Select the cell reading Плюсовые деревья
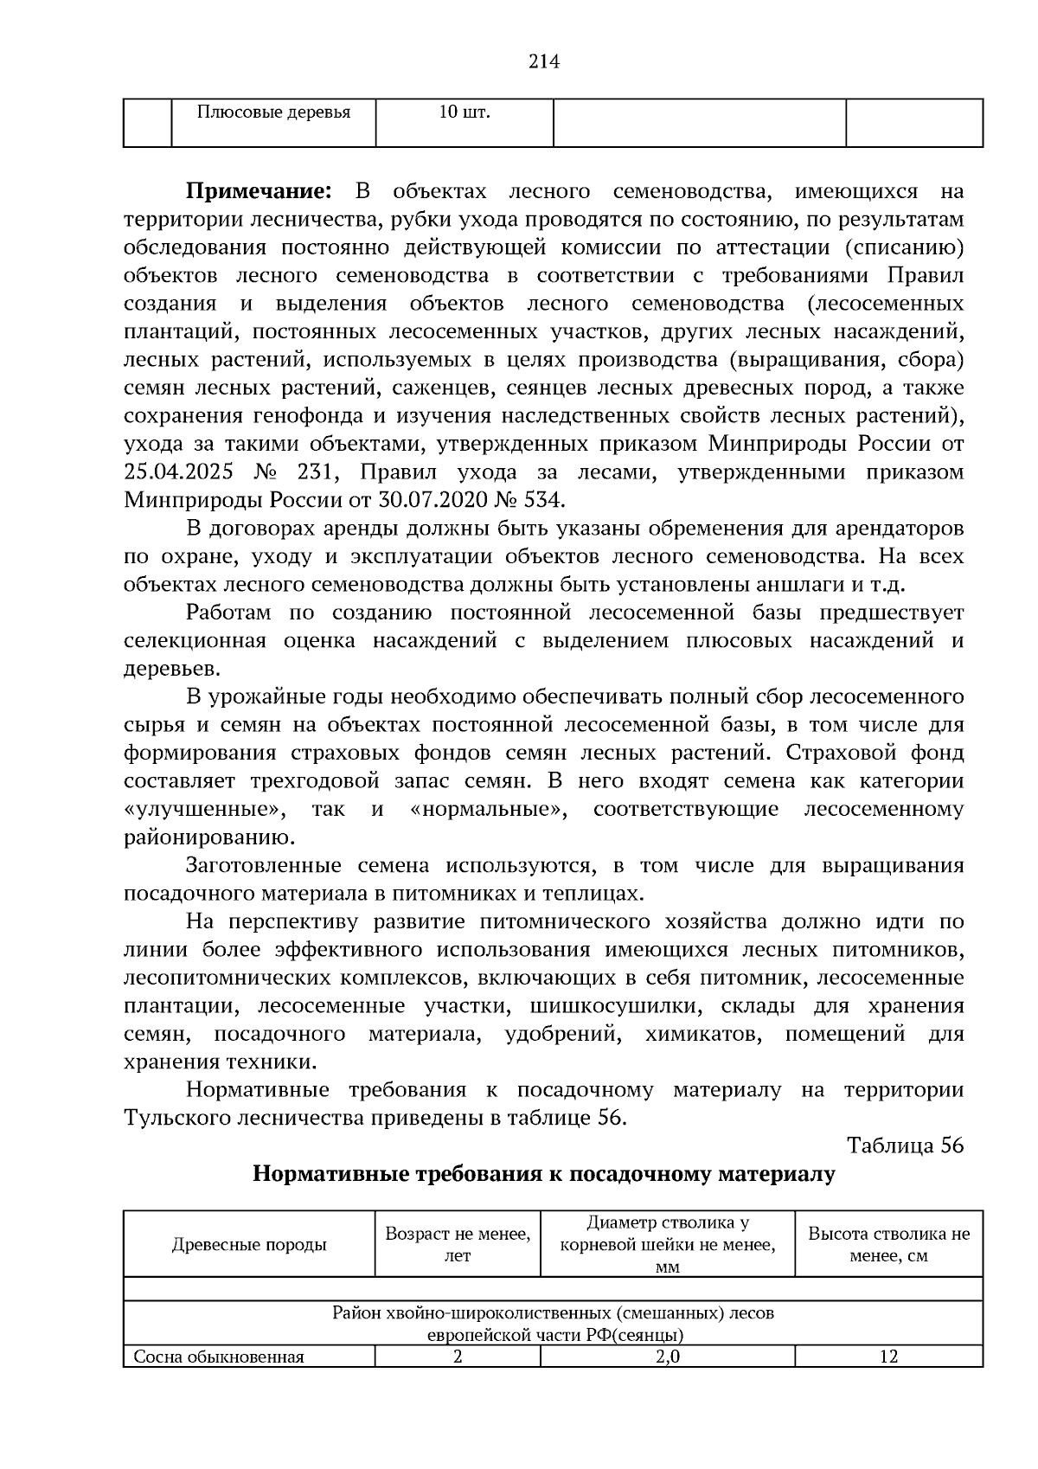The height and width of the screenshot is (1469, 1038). [x=273, y=113]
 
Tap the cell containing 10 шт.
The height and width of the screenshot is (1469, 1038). [x=464, y=113]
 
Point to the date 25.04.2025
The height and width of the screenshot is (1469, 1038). [x=179, y=473]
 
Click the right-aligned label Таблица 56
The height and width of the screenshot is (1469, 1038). [x=905, y=1145]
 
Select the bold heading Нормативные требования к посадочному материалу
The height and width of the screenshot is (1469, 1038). [x=544, y=1175]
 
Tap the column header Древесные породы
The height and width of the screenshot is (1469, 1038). [x=249, y=1245]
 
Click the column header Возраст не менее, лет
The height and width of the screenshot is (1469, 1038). [x=458, y=1245]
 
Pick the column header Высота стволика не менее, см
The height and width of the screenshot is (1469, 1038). [x=888, y=1245]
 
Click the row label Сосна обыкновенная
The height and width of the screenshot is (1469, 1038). [x=219, y=1357]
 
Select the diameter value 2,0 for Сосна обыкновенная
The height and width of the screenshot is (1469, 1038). [x=667, y=1357]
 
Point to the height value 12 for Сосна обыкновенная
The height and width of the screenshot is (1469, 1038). [x=888, y=1357]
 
